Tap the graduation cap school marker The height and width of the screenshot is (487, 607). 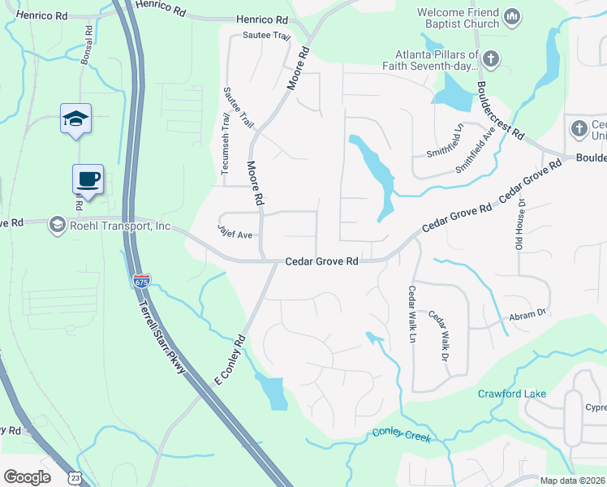click(x=75, y=119)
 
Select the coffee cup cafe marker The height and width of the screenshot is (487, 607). click(x=88, y=179)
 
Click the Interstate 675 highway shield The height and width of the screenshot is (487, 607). click(x=141, y=281)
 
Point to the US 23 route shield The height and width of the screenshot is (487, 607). click(x=74, y=478)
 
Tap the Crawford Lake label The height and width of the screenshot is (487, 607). click(x=511, y=394)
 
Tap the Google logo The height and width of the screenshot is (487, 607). click(x=27, y=477)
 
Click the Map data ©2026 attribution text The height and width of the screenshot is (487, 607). click(x=572, y=481)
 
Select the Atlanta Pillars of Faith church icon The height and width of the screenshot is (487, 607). click(x=492, y=58)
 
